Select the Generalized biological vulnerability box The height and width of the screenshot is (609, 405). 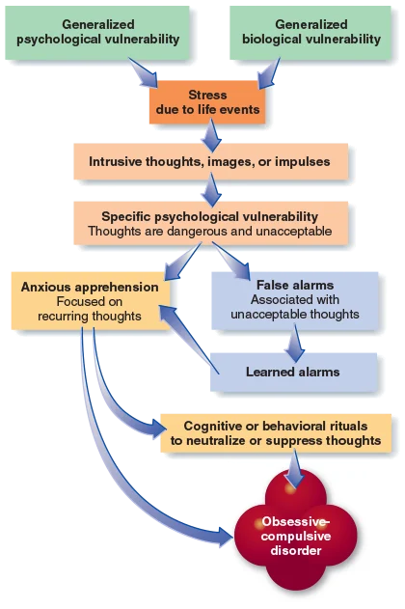(311, 31)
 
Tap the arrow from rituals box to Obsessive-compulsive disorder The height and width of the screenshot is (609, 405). (295, 470)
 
